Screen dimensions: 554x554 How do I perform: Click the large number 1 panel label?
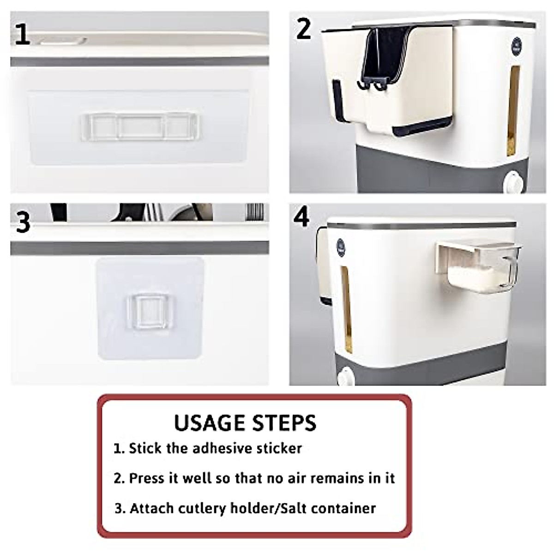23,34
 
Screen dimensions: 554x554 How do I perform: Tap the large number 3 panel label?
23,222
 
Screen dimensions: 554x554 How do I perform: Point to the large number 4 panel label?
302,216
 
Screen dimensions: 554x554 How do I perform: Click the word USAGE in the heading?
211,422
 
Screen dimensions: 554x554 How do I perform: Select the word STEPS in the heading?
284,422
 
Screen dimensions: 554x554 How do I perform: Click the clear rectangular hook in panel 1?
140,127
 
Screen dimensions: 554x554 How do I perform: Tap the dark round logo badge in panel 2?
517,46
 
